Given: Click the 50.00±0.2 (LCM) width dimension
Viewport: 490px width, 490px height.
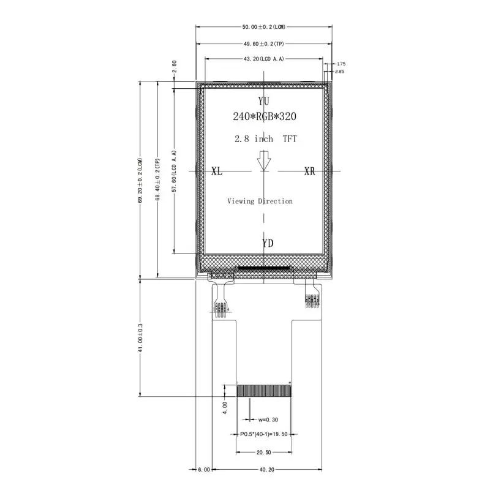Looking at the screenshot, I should click(264, 27).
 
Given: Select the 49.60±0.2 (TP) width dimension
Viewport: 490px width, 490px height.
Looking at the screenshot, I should click(264, 44).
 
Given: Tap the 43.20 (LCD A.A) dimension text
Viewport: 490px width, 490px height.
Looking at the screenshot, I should click(264, 59).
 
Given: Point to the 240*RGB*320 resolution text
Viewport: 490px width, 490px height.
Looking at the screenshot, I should click(265, 116).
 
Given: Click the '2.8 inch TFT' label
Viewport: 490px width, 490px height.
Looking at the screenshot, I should click(265, 139).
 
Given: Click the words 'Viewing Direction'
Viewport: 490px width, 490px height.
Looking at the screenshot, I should click(260, 201).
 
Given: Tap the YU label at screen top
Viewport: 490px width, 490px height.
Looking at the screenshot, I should click(264, 100).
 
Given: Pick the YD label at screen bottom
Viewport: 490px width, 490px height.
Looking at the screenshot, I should click(268, 243).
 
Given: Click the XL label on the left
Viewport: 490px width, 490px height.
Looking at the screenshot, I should click(217, 171).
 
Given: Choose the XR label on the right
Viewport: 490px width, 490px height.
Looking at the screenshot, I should click(310, 171).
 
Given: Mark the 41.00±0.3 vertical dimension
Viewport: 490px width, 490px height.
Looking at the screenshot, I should click(140, 337).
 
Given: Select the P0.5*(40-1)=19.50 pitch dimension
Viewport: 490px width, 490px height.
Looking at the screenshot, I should click(264, 434).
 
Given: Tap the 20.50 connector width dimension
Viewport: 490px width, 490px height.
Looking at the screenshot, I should click(264, 453).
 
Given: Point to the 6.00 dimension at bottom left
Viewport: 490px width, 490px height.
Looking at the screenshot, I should click(204, 470).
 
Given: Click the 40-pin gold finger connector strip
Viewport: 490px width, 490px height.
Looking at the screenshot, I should click(263, 391).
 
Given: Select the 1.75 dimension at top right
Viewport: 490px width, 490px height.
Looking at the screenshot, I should click(341, 64).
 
